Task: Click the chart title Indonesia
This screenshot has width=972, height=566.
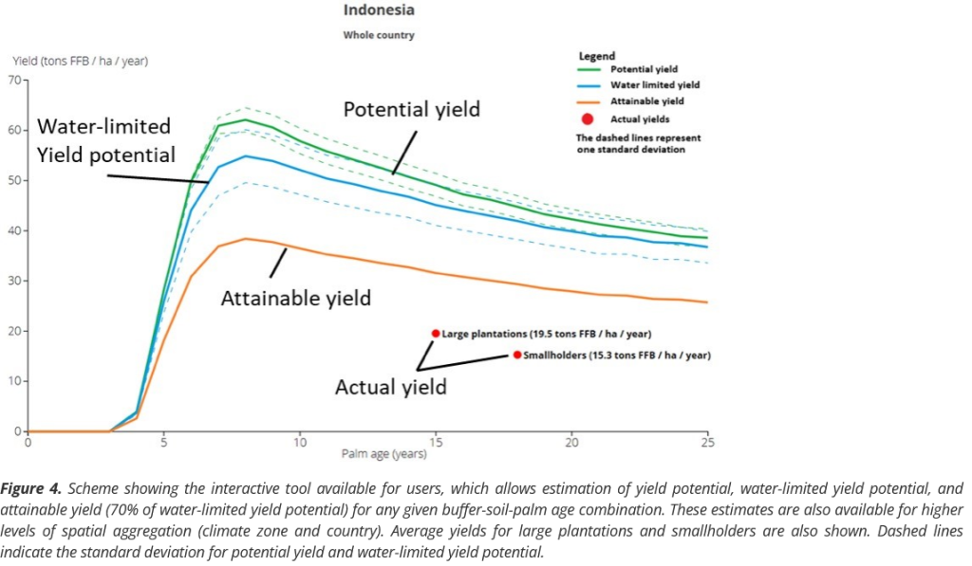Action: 378,10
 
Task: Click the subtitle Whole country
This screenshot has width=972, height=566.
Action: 378,36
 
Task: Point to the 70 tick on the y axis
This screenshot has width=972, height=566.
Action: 15,80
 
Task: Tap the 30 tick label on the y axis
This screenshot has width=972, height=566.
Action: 15,281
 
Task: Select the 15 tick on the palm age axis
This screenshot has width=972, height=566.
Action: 436,442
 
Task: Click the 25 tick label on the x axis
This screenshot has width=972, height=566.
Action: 707,442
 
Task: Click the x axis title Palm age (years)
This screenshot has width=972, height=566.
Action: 383,454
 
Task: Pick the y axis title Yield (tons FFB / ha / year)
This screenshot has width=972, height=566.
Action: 80,61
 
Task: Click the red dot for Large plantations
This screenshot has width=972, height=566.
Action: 436,334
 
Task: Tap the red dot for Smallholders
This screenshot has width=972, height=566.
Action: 517,355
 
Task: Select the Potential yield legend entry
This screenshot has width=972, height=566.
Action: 642,69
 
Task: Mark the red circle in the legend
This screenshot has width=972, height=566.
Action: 588,119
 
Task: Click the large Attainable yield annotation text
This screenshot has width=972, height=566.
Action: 295,299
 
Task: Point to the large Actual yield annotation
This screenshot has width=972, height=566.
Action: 390,387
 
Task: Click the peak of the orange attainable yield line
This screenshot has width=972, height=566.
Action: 245,239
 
